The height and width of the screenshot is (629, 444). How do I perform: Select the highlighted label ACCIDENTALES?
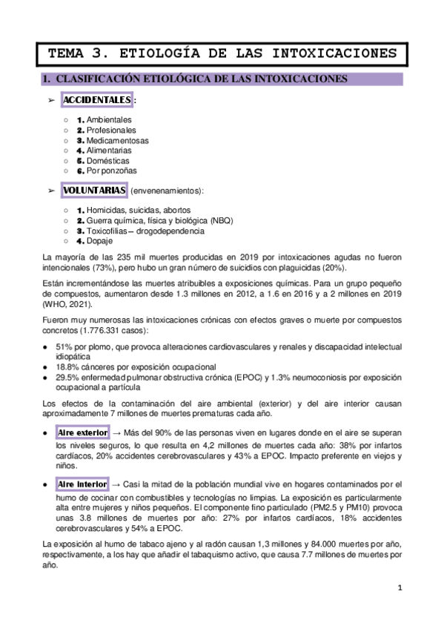pos(97,100)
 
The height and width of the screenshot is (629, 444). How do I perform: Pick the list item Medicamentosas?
pos(118,139)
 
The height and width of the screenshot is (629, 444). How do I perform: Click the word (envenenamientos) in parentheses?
pos(167,191)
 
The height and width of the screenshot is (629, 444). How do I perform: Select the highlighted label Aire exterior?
pos(83,432)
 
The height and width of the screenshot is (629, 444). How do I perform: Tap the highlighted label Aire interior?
pos(82,484)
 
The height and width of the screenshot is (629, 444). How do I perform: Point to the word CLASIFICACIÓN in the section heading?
pos(99,79)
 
